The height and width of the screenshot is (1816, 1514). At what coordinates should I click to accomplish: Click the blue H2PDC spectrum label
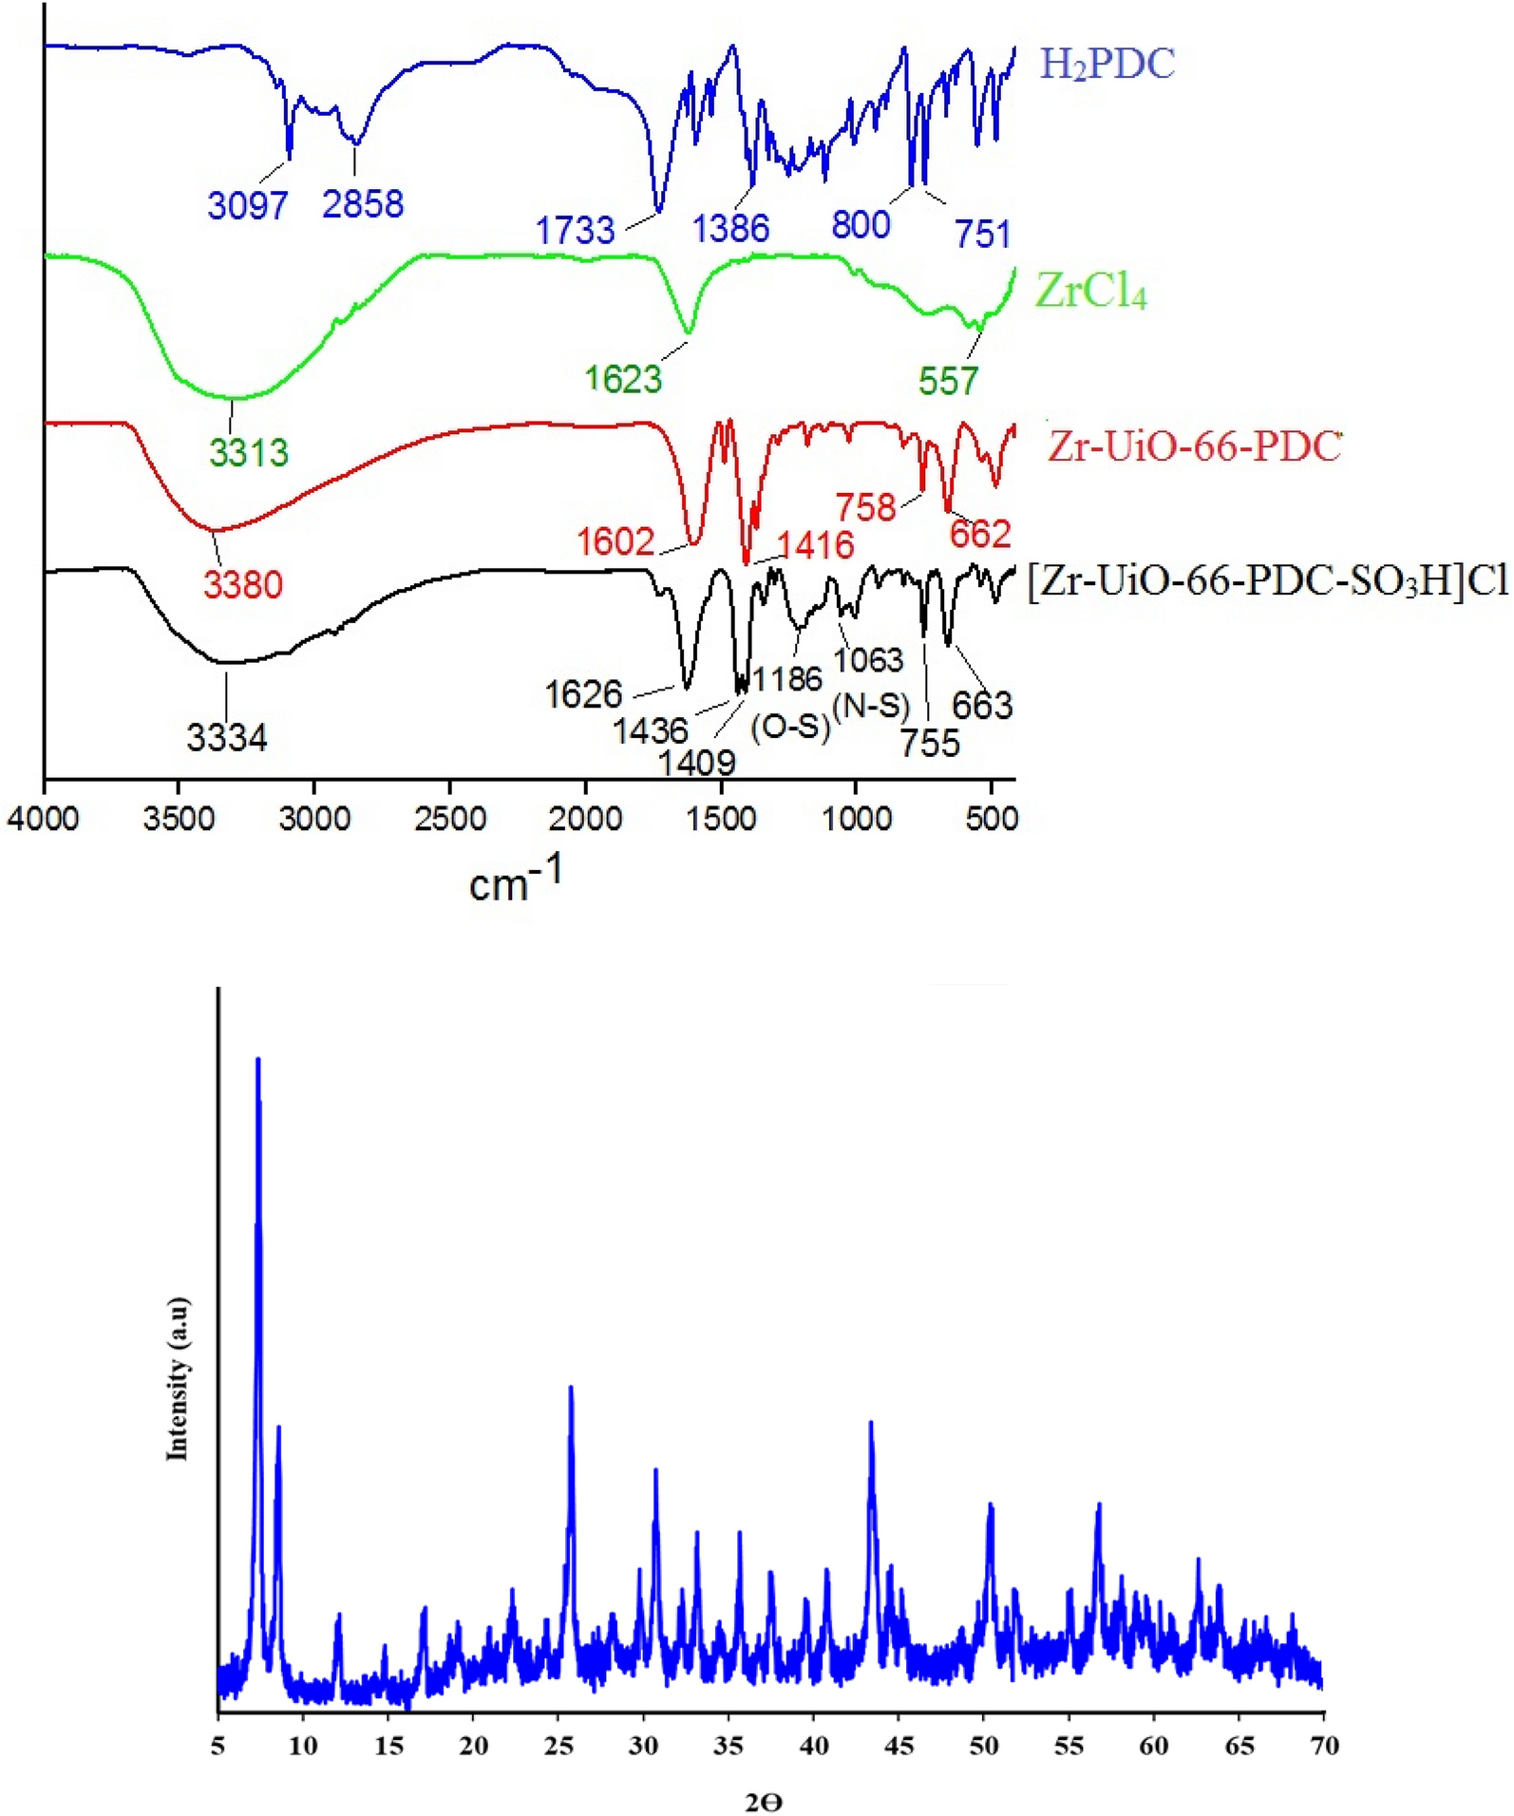click(x=1107, y=65)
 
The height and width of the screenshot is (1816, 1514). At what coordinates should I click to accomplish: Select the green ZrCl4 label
click(x=1090, y=291)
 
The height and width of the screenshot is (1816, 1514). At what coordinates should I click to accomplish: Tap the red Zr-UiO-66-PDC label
click(x=1194, y=446)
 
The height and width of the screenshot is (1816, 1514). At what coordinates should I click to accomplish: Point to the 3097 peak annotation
click(x=247, y=204)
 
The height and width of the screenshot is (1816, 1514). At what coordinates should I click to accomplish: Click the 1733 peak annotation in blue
click(x=575, y=230)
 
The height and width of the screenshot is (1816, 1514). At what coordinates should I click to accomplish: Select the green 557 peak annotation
click(x=947, y=381)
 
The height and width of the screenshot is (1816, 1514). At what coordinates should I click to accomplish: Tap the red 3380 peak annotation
click(x=243, y=584)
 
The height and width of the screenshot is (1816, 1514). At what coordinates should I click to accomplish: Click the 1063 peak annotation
click(x=868, y=659)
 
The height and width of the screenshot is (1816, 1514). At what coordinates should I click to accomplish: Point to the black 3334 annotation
click(x=227, y=737)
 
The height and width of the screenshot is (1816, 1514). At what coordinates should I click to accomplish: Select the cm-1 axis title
click(x=514, y=879)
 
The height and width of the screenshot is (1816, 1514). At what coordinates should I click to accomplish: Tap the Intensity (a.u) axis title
click(x=178, y=1378)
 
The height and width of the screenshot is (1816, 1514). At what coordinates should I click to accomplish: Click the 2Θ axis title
click(x=764, y=1802)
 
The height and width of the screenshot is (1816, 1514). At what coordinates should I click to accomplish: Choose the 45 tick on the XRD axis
click(x=899, y=1745)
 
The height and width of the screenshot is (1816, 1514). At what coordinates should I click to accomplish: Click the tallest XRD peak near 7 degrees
click(x=257, y=1059)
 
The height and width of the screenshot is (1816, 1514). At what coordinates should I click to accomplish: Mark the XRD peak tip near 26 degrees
click(x=570, y=1388)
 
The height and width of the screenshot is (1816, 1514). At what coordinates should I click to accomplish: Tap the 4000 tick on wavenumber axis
click(x=43, y=818)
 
